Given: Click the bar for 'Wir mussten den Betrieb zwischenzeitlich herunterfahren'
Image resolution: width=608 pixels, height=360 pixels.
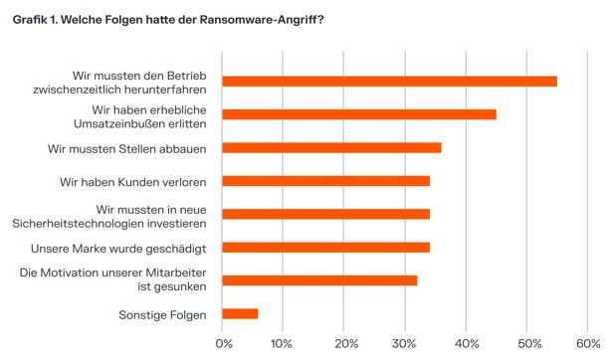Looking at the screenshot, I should click(x=389, y=82).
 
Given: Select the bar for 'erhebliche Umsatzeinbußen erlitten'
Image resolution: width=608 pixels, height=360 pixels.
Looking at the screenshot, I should click(x=358, y=114).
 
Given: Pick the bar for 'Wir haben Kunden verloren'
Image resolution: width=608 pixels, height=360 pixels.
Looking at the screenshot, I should click(x=325, y=181).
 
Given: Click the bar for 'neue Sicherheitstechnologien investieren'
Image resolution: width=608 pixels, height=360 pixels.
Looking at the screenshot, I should click(x=325, y=214).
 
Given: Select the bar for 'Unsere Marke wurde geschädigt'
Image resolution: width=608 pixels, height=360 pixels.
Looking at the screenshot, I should click(x=325, y=247).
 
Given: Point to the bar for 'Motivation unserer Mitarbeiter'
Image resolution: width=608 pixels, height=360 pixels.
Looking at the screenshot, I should click(x=319, y=280).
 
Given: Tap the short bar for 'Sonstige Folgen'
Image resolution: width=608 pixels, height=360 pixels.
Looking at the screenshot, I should click(x=240, y=313).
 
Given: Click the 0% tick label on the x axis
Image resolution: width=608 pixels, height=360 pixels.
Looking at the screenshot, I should click(x=223, y=344).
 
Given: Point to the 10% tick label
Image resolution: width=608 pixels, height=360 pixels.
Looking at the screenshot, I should click(x=283, y=344).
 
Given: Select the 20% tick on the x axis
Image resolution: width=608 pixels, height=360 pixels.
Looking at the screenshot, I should click(x=343, y=344).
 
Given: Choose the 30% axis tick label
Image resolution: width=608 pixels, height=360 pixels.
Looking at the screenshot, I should click(x=405, y=344).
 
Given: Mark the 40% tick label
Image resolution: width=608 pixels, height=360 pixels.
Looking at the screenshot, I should click(x=466, y=344).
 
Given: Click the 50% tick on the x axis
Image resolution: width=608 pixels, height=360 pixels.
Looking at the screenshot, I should click(x=526, y=344).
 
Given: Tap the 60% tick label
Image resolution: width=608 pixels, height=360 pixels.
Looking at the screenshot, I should click(x=587, y=344).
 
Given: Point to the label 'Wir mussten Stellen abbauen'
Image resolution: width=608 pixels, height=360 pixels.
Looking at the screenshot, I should click(x=126, y=148).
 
